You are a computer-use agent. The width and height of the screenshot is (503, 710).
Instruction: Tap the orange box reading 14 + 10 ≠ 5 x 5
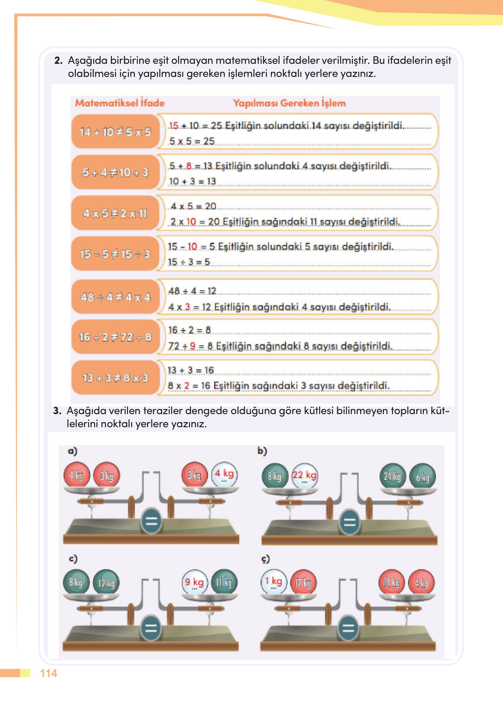(x=115, y=132)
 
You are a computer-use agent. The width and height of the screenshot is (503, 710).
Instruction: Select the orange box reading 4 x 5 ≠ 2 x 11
(x=115, y=213)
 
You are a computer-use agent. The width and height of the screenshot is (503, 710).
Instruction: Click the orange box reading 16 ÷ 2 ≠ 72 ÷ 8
(x=115, y=337)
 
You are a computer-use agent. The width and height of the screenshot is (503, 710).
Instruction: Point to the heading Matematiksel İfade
(x=120, y=103)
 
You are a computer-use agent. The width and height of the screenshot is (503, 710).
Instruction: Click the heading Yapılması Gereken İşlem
(x=289, y=103)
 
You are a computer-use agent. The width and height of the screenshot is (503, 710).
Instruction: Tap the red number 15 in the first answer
(x=174, y=126)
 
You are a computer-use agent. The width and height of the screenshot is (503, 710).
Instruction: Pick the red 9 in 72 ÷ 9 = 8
(x=193, y=346)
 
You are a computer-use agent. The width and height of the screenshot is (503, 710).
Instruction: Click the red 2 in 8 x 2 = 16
(x=186, y=386)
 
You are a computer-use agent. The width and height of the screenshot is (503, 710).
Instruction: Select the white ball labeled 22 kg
(x=305, y=476)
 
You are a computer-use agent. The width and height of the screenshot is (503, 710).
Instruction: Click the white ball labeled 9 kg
(x=194, y=583)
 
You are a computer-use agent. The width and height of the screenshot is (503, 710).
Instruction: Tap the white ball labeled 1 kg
(x=274, y=582)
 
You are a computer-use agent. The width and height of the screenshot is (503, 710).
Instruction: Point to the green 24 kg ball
(x=393, y=476)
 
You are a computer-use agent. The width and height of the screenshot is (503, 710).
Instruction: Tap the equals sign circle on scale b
(x=350, y=523)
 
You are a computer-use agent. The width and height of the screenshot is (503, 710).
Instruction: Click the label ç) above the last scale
(x=265, y=559)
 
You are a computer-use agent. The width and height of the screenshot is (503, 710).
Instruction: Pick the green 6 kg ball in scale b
(x=422, y=477)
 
